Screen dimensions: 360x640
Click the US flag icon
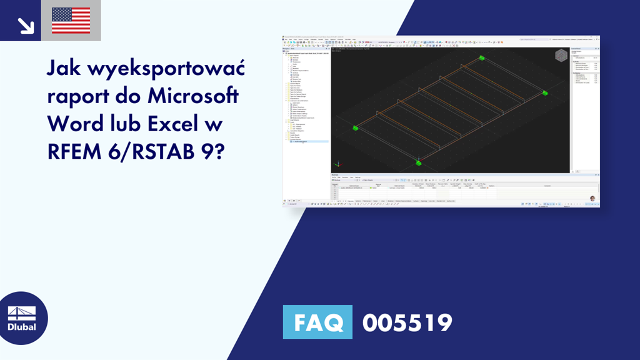point(71,20)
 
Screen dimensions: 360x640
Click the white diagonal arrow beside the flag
point(26,24)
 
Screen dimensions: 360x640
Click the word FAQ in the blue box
point(317,322)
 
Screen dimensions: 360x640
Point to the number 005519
point(407,322)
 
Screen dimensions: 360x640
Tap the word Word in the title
point(74,124)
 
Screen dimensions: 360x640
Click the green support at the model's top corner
point(482,58)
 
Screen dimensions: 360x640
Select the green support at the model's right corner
point(545,93)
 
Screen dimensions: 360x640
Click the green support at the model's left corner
point(355,128)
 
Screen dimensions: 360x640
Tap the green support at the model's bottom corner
point(418,163)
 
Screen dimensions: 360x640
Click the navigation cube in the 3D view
point(561,56)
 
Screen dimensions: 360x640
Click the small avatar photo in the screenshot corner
point(592,198)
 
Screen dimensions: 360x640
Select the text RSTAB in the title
point(162,151)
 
